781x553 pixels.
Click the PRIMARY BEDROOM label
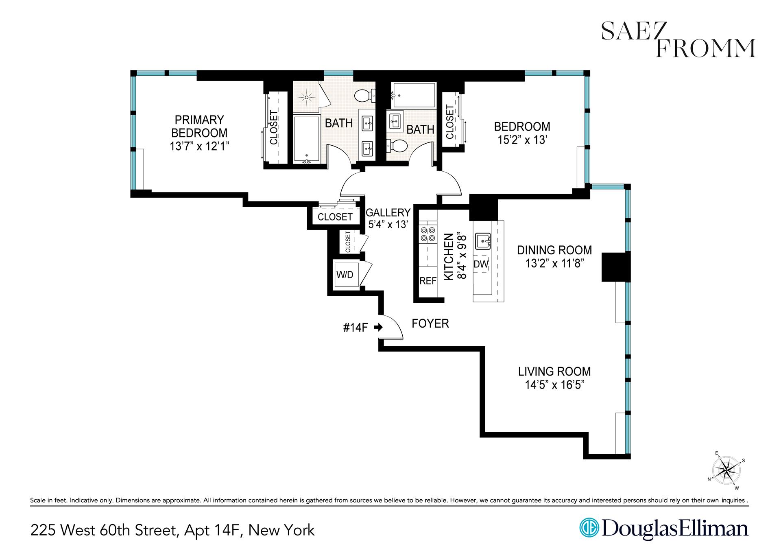[199, 126]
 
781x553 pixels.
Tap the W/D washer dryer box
[345, 275]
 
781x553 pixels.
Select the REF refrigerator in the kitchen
[428, 281]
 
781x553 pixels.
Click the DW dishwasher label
[481, 264]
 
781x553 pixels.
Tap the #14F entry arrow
[378, 327]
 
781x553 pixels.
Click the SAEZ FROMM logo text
[678, 43]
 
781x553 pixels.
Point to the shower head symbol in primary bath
[307, 97]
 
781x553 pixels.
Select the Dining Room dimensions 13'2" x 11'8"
[554, 263]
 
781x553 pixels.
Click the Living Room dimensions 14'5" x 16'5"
[554, 385]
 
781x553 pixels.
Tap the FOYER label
[430, 323]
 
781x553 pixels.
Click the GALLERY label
[388, 212]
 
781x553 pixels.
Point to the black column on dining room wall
[615, 267]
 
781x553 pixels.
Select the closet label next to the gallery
[335, 217]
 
